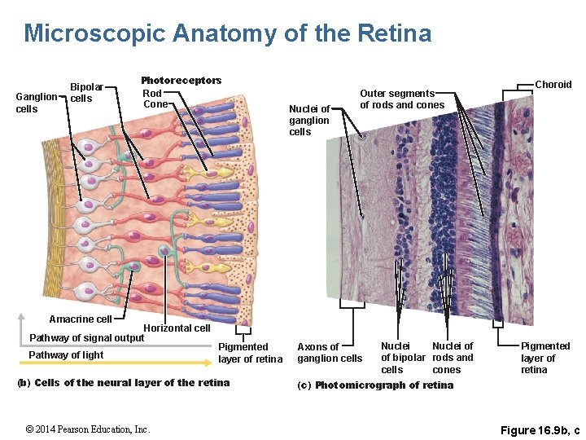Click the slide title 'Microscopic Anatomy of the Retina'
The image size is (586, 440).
pos(228,33)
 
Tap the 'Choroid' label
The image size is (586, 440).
pos(553,85)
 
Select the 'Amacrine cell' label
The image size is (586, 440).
pos(80,319)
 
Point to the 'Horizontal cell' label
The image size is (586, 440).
pos(177,328)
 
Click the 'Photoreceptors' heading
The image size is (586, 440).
pos(181,81)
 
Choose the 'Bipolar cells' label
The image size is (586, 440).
pos(86,93)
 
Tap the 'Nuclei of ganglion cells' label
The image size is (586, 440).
pos(309,121)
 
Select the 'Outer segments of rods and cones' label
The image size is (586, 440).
pos(402,99)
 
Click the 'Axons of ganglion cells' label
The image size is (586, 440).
pos(330,353)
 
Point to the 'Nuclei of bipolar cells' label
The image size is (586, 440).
pos(403,358)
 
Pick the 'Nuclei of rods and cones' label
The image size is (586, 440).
pos(453,358)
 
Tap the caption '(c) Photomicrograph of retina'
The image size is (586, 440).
pos(376,385)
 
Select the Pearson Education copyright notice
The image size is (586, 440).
pos(87,429)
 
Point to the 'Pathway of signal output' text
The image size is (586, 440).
pos(86,338)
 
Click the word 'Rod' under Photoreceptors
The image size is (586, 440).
pos(152,93)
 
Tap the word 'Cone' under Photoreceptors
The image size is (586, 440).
pos(155,103)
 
